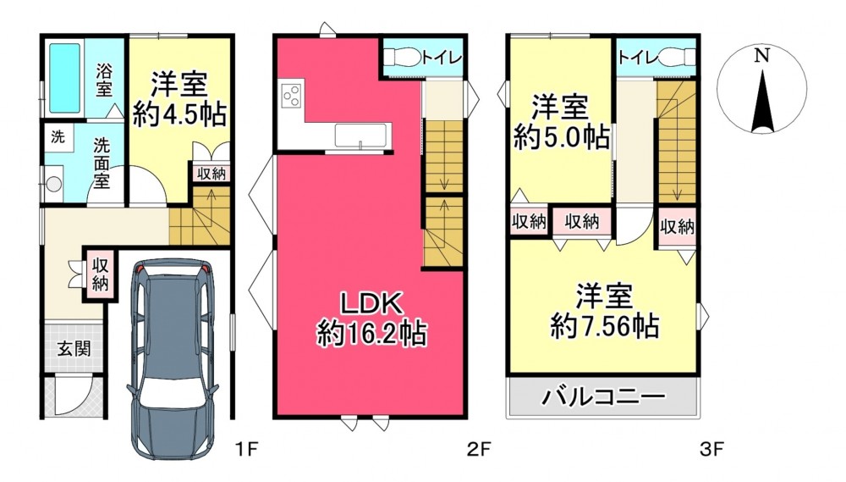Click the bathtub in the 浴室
(65, 78)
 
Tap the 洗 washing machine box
(58, 137)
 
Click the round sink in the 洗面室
(53, 184)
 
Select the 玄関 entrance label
(74, 349)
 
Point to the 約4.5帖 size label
(179, 114)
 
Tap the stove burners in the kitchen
(292, 96)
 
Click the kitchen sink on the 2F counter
(361, 135)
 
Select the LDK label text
(371, 304)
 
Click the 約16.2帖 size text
(371, 333)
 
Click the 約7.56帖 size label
(604, 326)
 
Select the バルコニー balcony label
(603, 397)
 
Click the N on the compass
(762, 55)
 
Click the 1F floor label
(247, 448)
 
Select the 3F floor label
(711, 448)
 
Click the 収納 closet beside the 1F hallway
(100, 275)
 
